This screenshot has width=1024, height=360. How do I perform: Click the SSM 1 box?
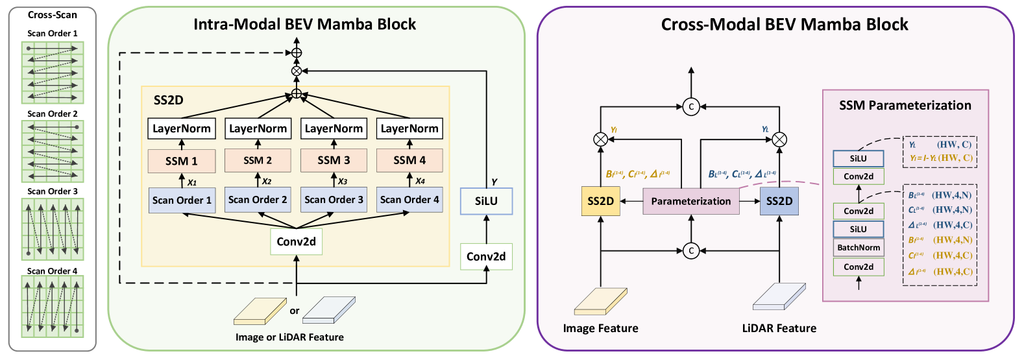[x=182, y=161]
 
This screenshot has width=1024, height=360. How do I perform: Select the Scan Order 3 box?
[x=334, y=200]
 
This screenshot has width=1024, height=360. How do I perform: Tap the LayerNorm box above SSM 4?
[x=409, y=128]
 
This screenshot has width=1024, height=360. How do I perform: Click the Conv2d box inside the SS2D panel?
[x=296, y=242]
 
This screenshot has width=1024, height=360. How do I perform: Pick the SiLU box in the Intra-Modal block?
[x=486, y=201]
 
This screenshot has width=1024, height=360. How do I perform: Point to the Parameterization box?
[x=690, y=201]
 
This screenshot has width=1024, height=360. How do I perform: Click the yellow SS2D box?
[x=600, y=201]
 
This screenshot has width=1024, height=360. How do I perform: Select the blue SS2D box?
[x=779, y=201]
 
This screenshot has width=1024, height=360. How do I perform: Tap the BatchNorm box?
[x=859, y=247]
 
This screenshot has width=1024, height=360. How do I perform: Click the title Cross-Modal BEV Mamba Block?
[x=785, y=25]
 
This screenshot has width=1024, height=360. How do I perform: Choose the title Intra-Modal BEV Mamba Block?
[x=304, y=25]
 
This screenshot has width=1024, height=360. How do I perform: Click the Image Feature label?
[x=600, y=328]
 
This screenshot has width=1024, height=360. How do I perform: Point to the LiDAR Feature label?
[x=779, y=328]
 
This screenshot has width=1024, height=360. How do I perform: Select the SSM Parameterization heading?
[x=905, y=105]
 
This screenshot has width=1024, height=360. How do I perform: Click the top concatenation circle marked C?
[x=691, y=106]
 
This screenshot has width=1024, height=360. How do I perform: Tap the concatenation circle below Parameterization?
[x=691, y=250]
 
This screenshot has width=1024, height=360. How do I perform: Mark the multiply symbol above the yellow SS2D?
[x=601, y=139]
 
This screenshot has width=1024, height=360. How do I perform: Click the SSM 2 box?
[x=258, y=161]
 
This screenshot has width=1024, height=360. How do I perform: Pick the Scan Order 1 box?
[x=182, y=200]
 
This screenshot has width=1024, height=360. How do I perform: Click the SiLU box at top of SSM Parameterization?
[x=858, y=158]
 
